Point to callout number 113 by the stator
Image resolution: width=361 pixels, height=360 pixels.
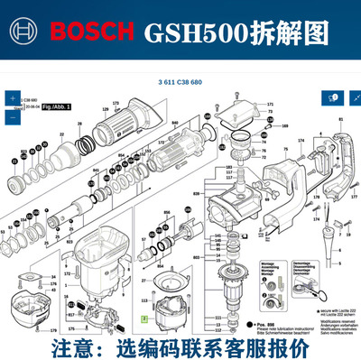point(143,300)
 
